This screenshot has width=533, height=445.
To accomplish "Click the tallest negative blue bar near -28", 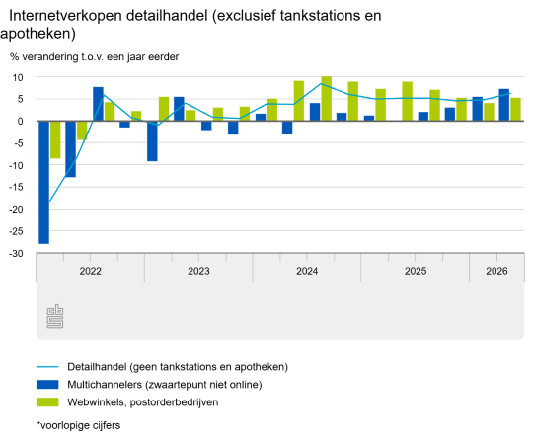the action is [x=43, y=182].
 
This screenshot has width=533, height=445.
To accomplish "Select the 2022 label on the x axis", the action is [x=91, y=271].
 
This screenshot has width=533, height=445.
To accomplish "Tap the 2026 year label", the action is [x=496, y=271].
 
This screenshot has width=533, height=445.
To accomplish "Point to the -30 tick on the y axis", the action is [x=16, y=254].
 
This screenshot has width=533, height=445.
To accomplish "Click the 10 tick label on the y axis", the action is [x=18, y=78].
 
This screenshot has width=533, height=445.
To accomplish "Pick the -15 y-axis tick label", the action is [x=16, y=187].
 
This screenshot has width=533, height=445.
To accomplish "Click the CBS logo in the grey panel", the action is [x=55, y=316].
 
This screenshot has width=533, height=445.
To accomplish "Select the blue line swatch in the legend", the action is [x=47, y=367].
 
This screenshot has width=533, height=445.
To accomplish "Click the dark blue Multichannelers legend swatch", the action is [x=47, y=385].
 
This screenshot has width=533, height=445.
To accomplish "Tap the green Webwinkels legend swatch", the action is [x=47, y=402].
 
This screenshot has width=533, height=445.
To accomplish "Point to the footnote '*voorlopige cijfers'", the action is [x=79, y=425].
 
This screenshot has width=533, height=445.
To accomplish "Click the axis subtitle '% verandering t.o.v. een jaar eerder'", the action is [x=95, y=56].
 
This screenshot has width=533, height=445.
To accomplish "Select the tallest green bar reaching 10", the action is [x=327, y=99].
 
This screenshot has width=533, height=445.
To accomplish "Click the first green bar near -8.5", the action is [x=55, y=139].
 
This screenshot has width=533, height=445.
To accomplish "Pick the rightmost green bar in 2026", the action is [x=515, y=110].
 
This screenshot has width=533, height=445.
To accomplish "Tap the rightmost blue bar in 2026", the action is [x=504, y=105].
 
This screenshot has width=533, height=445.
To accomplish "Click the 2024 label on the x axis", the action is [x=307, y=271].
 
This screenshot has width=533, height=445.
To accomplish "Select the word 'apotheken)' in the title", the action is [x=38, y=34].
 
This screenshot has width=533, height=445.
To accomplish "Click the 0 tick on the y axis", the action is [x=20, y=122].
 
